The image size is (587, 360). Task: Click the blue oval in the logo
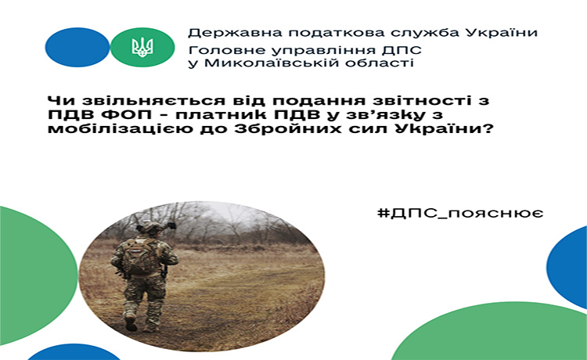(77, 47)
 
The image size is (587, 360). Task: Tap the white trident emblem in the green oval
(142, 47)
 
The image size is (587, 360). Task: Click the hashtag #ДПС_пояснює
(460, 214)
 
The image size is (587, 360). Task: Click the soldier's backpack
(142, 257)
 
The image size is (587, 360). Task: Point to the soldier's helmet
(152, 226)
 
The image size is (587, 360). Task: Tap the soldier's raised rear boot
(131, 322)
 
